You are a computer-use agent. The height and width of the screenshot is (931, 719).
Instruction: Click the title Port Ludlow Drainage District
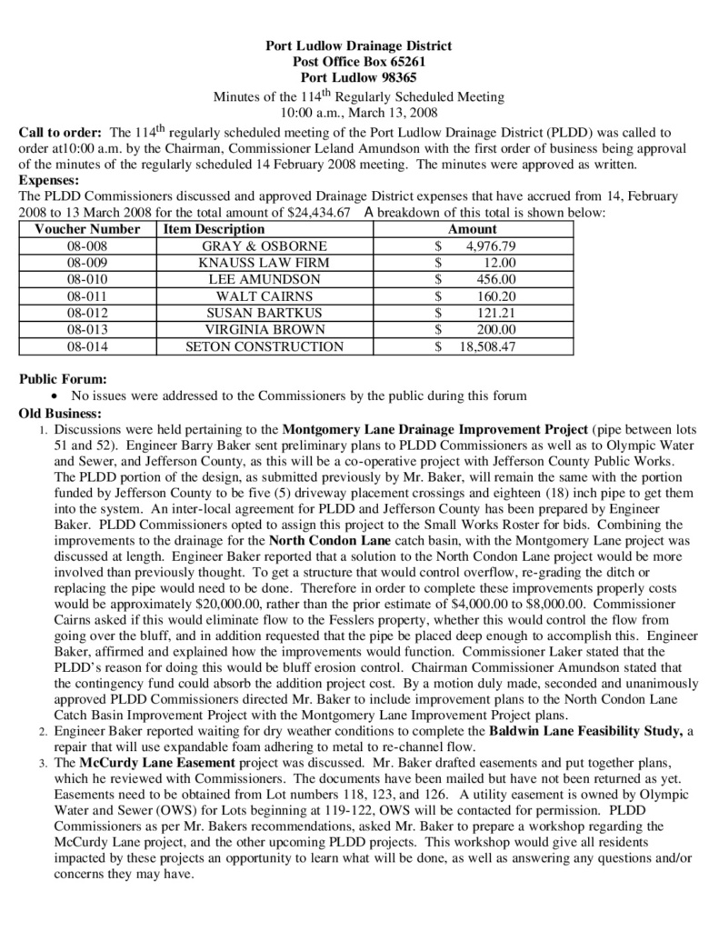358,45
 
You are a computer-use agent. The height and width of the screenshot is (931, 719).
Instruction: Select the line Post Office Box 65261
358,62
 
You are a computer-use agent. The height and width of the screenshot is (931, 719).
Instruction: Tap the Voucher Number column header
87,229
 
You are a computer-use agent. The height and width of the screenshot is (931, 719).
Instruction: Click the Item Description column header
214,229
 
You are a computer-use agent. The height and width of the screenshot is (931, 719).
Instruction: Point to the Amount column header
473,229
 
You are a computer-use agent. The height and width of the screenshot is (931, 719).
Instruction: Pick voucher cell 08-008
87,246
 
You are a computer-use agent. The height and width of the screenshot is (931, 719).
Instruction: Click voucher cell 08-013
87,329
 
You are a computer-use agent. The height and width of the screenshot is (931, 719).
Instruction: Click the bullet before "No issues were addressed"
58,396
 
